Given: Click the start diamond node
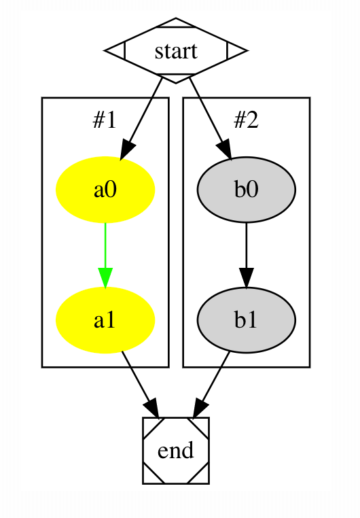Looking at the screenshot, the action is point(175,50).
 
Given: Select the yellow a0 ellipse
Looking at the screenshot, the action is point(105,190).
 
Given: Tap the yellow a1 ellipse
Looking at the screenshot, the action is point(105,320).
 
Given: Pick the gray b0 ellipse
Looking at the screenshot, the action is point(246,190).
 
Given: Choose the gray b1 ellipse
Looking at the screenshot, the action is point(246,320).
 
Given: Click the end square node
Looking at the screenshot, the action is point(175,451).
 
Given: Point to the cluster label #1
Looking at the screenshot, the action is point(105,120).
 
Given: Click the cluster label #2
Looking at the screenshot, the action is point(246,120).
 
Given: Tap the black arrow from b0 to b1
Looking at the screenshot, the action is point(246,255).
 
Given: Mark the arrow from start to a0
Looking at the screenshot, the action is point(141,119).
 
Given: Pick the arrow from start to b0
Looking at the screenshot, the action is point(210,119).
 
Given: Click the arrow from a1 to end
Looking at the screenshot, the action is point(140,384).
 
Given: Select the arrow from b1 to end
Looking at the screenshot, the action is point(211,384).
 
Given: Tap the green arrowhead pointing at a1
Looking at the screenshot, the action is point(105,279).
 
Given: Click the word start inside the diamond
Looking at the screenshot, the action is point(176,52).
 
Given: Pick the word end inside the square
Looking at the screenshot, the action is point(175,451).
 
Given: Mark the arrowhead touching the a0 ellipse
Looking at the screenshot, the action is point(127,150).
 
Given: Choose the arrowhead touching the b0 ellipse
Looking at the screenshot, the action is point(224,150).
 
